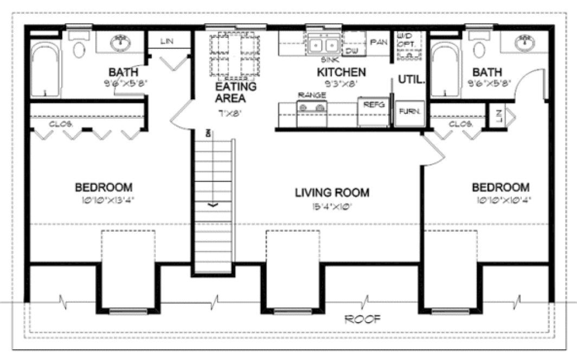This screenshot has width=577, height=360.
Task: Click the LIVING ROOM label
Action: click(332, 192)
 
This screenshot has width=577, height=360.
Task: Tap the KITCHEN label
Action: click(341, 72)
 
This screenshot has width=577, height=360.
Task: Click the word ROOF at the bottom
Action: click(363, 319)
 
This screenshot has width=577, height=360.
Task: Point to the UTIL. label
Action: click(412, 79)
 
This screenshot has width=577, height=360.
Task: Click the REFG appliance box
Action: click(374, 105)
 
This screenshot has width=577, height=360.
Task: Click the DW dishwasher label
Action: click(351, 51)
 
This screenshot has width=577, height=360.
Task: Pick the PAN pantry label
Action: click(377, 41)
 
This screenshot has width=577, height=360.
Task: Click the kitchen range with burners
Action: click(312, 108)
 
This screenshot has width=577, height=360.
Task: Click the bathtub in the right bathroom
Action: click(445, 70)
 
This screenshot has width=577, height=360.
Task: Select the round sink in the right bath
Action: click(524, 42)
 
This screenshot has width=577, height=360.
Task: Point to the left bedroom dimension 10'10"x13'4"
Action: click(104, 199)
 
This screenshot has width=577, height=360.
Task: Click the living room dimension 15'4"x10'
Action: click(332, 205)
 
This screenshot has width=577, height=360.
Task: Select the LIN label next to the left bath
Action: click(167, 41)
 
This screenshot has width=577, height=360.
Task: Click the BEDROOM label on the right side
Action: click(501, 188)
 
